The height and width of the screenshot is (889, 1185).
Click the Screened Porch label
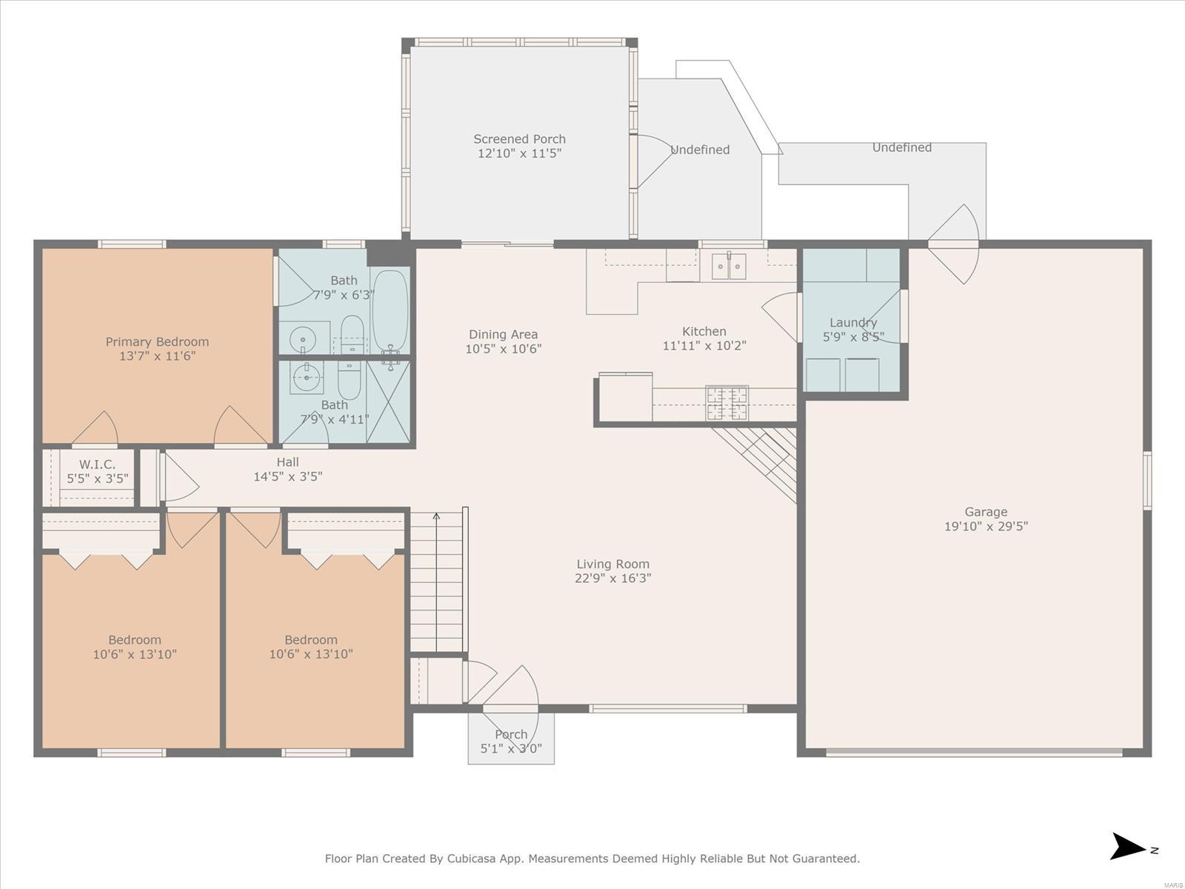click(519, 139)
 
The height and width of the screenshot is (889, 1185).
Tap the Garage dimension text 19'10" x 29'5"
click(986, 526)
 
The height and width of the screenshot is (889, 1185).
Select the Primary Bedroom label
click(157, 342)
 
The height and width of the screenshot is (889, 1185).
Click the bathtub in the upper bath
click(390, 310)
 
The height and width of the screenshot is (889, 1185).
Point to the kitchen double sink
click(729, 265)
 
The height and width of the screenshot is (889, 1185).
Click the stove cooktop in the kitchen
click(727, 403)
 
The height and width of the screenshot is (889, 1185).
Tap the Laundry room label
click(853, 322)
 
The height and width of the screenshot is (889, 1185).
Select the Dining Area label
click(503, 334)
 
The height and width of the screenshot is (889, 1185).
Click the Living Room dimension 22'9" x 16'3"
click(612, 578)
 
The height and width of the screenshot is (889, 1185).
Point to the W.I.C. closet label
click(97, 465)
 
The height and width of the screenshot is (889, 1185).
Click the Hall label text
click(288, 462)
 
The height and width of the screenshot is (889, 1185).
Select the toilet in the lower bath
click(350, 380)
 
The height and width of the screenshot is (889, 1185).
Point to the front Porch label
click(511, 734)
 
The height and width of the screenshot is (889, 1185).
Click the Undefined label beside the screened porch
click(700, 150)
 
